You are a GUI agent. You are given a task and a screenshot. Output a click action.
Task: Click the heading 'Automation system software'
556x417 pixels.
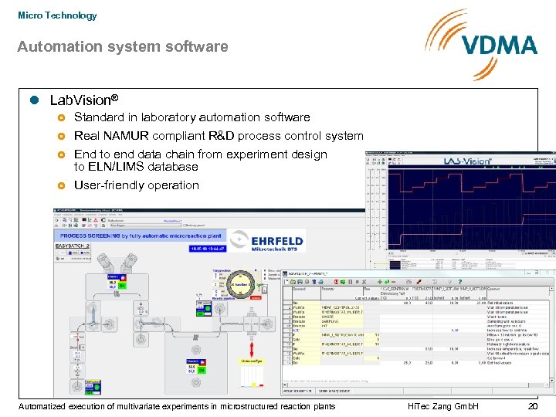pos(123,46)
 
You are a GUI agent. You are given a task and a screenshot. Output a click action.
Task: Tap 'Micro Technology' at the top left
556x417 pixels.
pos(57,15)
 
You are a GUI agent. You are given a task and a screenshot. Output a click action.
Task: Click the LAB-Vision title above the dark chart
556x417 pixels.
pos(467,161)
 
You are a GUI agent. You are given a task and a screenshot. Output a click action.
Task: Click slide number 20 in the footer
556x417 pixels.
pos(533,406)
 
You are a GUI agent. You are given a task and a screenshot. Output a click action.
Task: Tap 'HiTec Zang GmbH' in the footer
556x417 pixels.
pos(442,406)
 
